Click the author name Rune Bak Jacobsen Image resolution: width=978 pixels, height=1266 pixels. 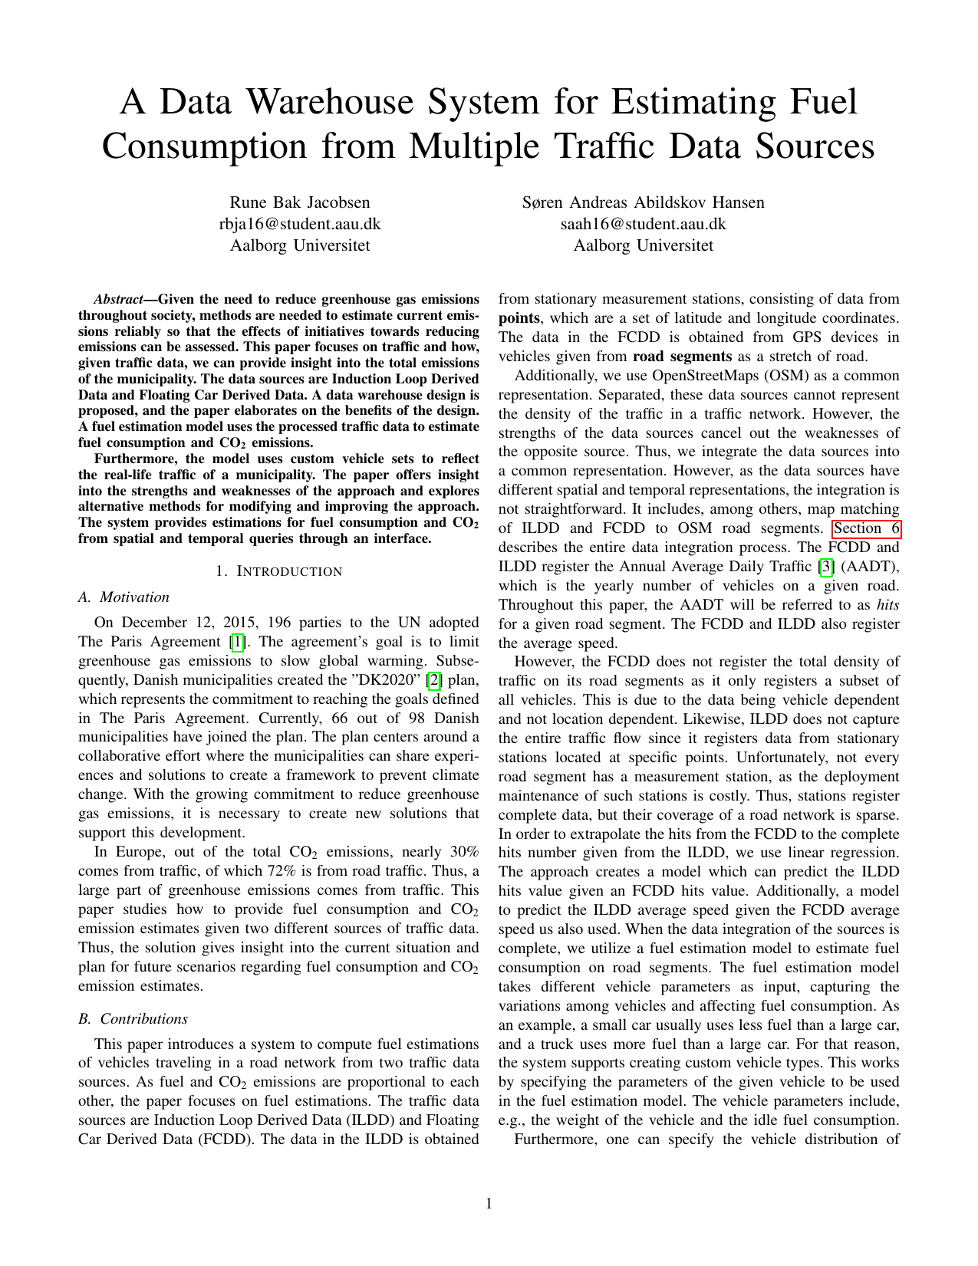300,202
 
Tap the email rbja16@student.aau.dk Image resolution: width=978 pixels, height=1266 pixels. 300,224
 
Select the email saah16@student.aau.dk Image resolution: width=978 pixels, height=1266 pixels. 643,224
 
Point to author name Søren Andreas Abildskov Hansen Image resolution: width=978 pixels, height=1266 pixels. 643,202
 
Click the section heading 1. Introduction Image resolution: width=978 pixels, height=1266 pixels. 278,571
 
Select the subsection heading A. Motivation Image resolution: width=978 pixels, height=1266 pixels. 123,597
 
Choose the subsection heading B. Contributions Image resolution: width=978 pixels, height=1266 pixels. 133,1018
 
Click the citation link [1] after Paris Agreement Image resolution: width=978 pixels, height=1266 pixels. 239,642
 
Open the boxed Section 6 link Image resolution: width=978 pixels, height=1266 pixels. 867,528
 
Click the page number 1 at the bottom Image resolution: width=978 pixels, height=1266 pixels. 489,1204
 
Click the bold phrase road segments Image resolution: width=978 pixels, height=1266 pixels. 682,357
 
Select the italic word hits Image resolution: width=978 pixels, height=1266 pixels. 887,605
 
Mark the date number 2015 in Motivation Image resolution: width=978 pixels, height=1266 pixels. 231,623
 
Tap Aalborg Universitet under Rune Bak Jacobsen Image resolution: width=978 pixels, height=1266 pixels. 300,245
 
